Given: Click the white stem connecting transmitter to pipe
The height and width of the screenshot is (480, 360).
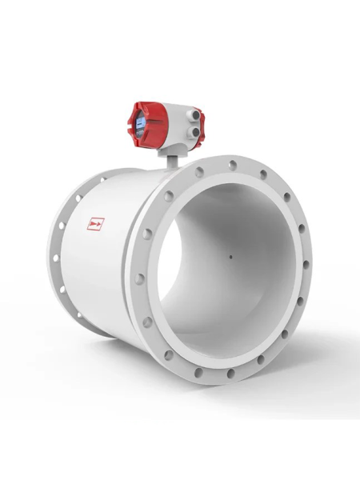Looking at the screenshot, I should coord(171,158).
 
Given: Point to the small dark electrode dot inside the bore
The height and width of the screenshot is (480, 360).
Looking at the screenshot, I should coord(230,258).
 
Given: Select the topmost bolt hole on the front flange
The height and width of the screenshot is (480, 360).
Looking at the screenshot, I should coord(231,164).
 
